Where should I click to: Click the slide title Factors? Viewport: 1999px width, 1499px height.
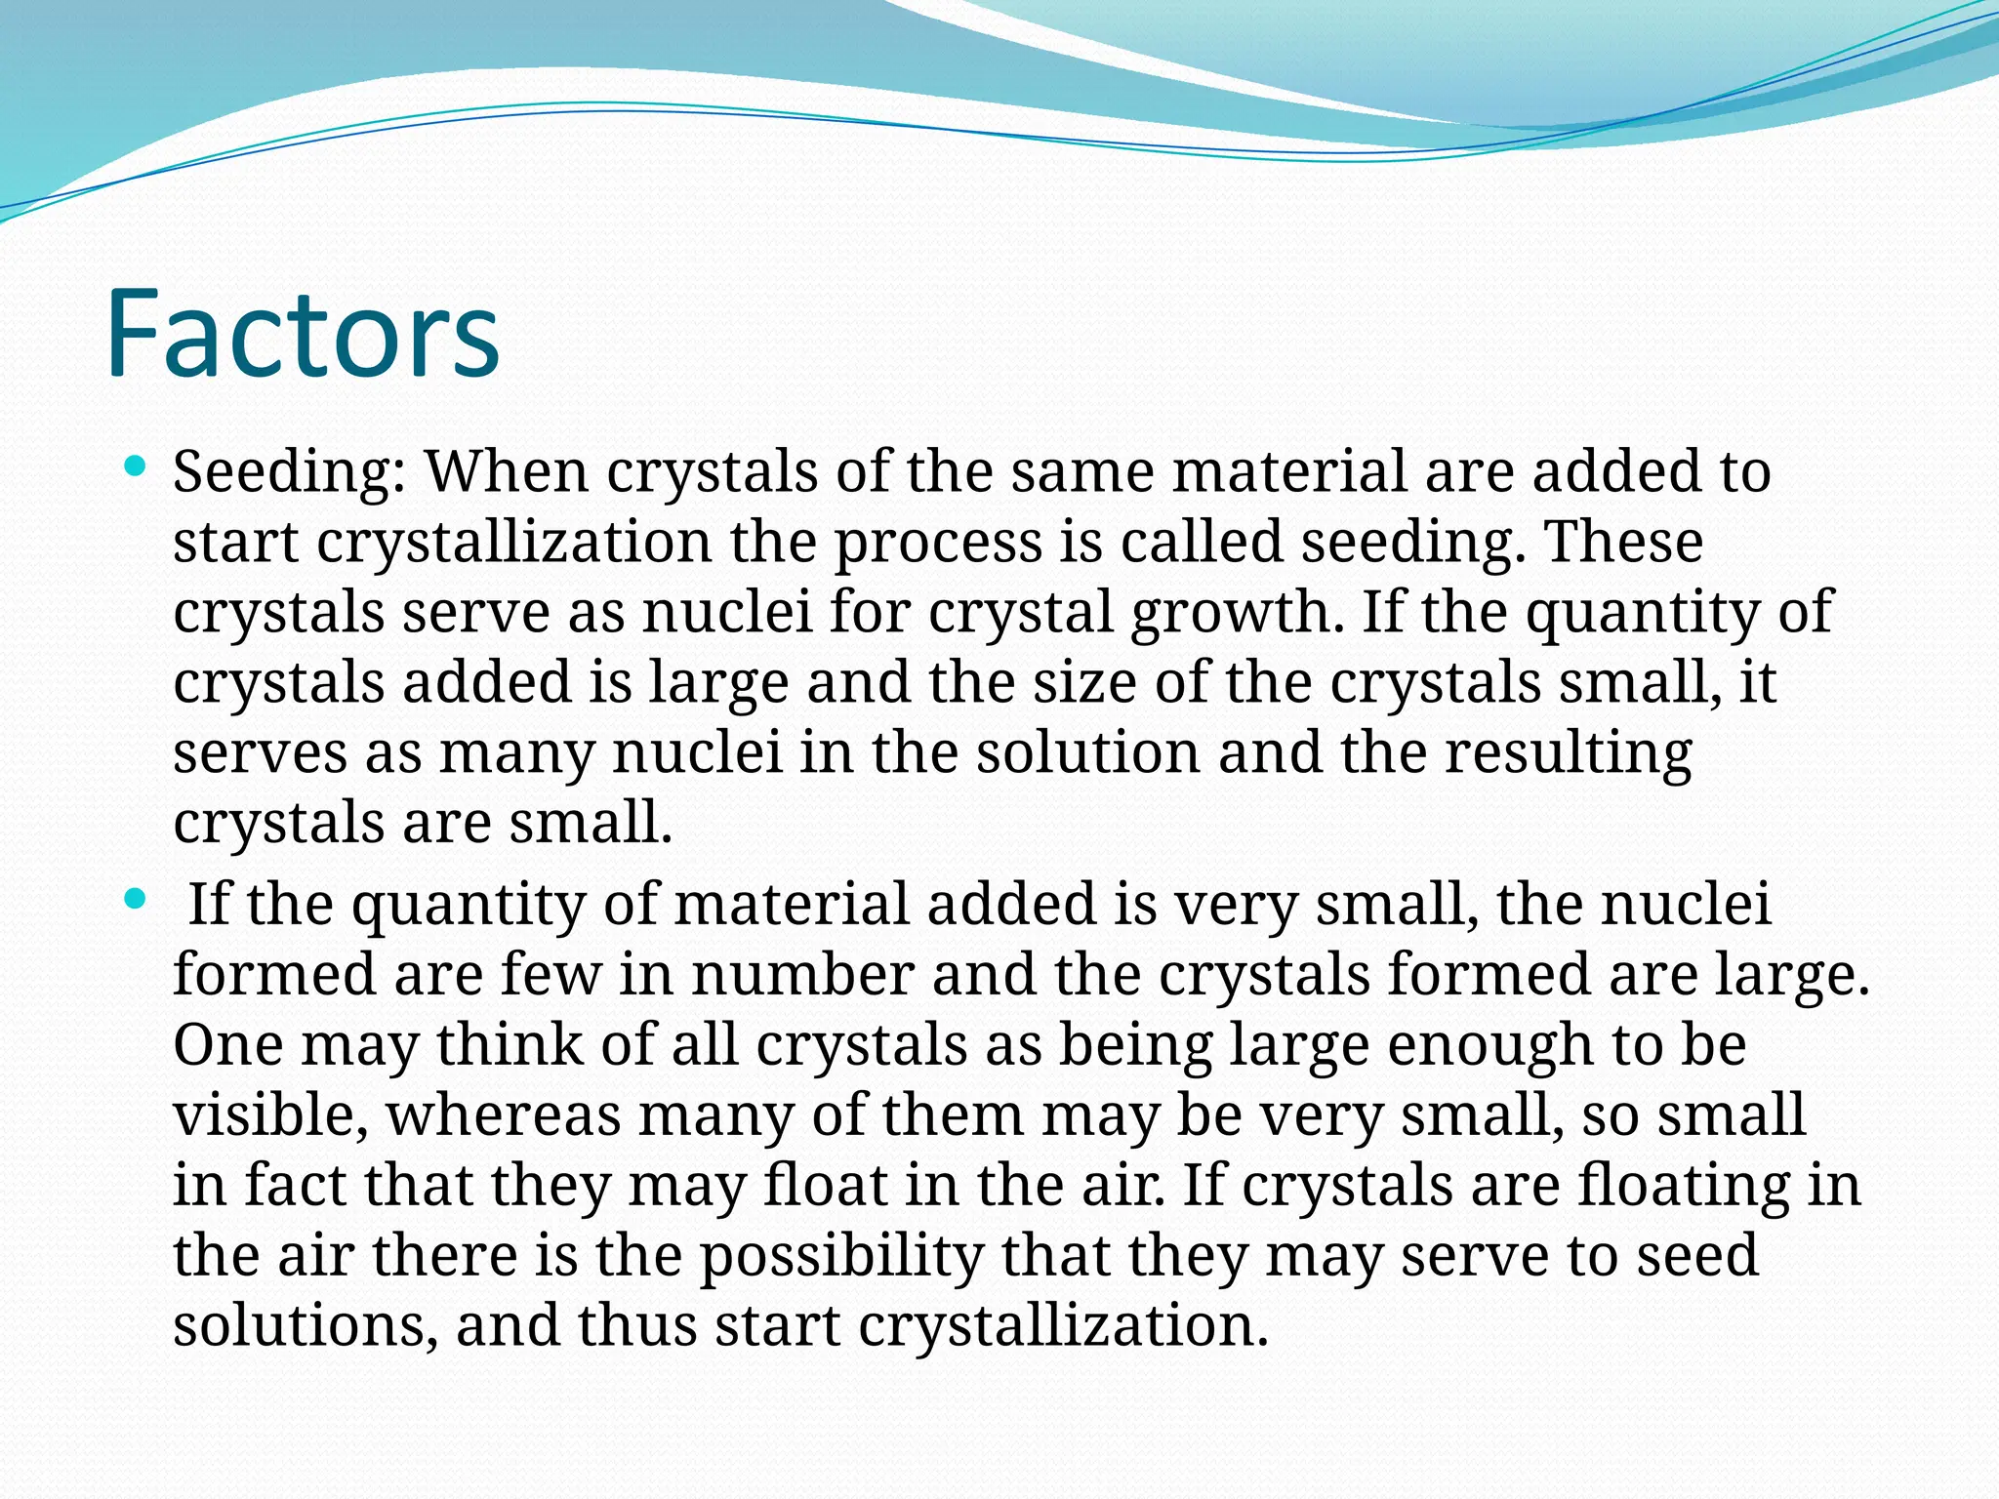coord(303,334)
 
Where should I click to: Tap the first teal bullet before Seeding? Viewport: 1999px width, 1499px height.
coord(136,466)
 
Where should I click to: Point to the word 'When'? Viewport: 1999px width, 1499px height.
coord(507,472)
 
